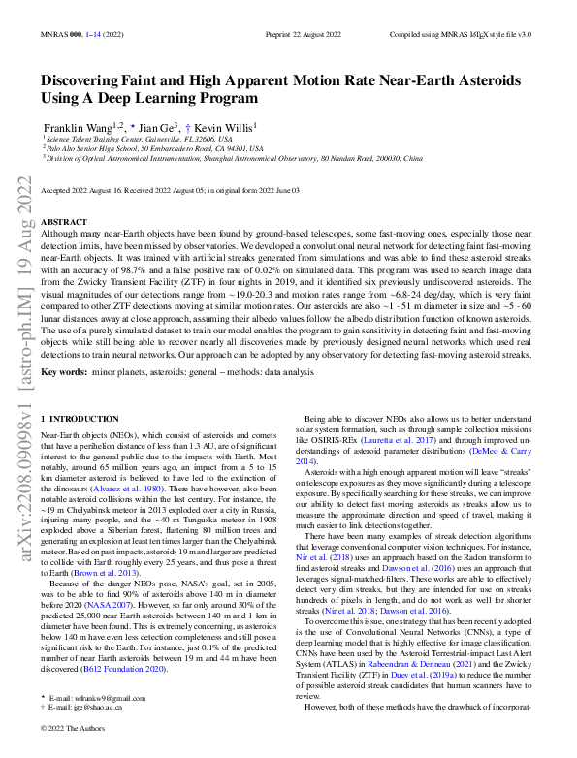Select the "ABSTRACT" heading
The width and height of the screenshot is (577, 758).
point(65,221)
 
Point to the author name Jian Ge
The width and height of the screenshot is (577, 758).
point(154,127)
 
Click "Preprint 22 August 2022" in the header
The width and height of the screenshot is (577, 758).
point(305,32)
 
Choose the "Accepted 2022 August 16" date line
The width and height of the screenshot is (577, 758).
point(88,192)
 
